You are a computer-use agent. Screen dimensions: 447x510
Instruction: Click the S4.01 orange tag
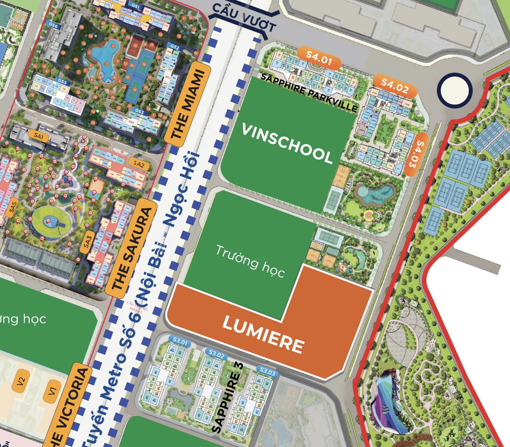click(x=319, y=58)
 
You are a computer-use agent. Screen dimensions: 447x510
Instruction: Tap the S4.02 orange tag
click(x=395, y=86)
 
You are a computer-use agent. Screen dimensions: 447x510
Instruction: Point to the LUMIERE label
click(x=263, y=334)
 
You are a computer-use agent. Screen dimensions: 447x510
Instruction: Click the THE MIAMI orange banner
click(x=188, y=104)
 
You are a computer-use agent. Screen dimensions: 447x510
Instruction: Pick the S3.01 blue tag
click(x=180, y=341)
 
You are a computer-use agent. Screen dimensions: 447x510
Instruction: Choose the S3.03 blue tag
click(x=267, y=372)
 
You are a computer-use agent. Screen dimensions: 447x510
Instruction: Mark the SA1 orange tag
click(x=39, y=136)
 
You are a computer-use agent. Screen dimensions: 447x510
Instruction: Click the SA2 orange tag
click(x=139, y=164)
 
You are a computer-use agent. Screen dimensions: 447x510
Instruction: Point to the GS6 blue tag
click(x=53, y=25)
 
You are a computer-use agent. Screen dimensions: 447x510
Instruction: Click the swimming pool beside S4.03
click(x=376, y=194)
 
